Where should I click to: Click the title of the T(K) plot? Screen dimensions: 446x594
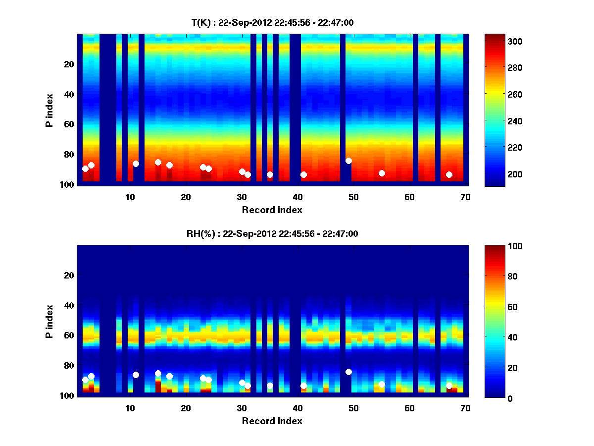pyautogui.click(x=272, y=22)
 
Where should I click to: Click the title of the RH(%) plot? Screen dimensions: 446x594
pyautogui.click(x=272, y=234)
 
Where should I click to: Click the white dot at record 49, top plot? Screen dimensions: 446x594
pyautogui.click(x=348, y=161)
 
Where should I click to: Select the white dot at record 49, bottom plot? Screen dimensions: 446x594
pyautogui.click(x=348, y=372)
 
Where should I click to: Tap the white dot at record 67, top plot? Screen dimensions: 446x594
pyautogui.click(x=449, y=174)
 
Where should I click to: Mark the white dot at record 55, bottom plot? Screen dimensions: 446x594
pyautogui.click(x=382, y=384)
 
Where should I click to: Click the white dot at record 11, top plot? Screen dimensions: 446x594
pyautogui.click(x=136, y=164)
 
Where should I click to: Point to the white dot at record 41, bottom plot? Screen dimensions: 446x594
pyautogui.click(x=303, y=386)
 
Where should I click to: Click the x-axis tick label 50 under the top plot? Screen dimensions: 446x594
pyautogui.click(x=353, y=197)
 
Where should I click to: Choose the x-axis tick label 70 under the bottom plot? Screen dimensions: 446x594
pyautogui.click(x=465, y=408)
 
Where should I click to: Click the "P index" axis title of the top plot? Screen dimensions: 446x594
pyautogui.click(x=49, y=109)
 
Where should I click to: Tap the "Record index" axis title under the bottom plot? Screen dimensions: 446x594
pyautogui.click(x=272, y=421)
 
